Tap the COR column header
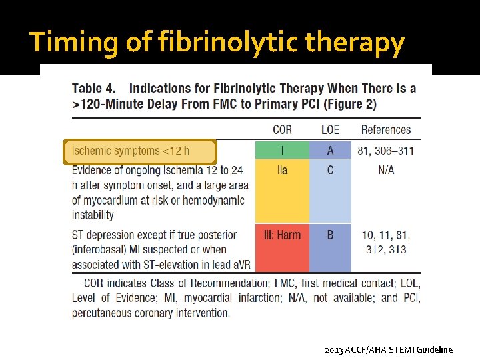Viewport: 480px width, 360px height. click(x=282, y=129)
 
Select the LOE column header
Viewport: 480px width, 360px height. click(x=330, y=129)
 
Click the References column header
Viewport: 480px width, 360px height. click(x=386, y=129)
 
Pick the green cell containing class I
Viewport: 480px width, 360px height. click(x=282, y=150)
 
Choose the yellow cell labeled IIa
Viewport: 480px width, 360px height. click(x=282, y=190)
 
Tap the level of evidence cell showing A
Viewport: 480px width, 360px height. click(x=330, y=150)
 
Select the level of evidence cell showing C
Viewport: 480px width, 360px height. click(x=330, y=190)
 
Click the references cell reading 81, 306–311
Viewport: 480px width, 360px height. click(x=386, y=150)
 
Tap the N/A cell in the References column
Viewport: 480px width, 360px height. click(x=386, y=170)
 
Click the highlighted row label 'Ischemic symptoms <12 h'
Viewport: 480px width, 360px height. click(x=140, y=151)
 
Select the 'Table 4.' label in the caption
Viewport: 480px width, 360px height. click(x=94, y=88)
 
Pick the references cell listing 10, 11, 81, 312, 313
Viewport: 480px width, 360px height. click(x=386, y=242)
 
